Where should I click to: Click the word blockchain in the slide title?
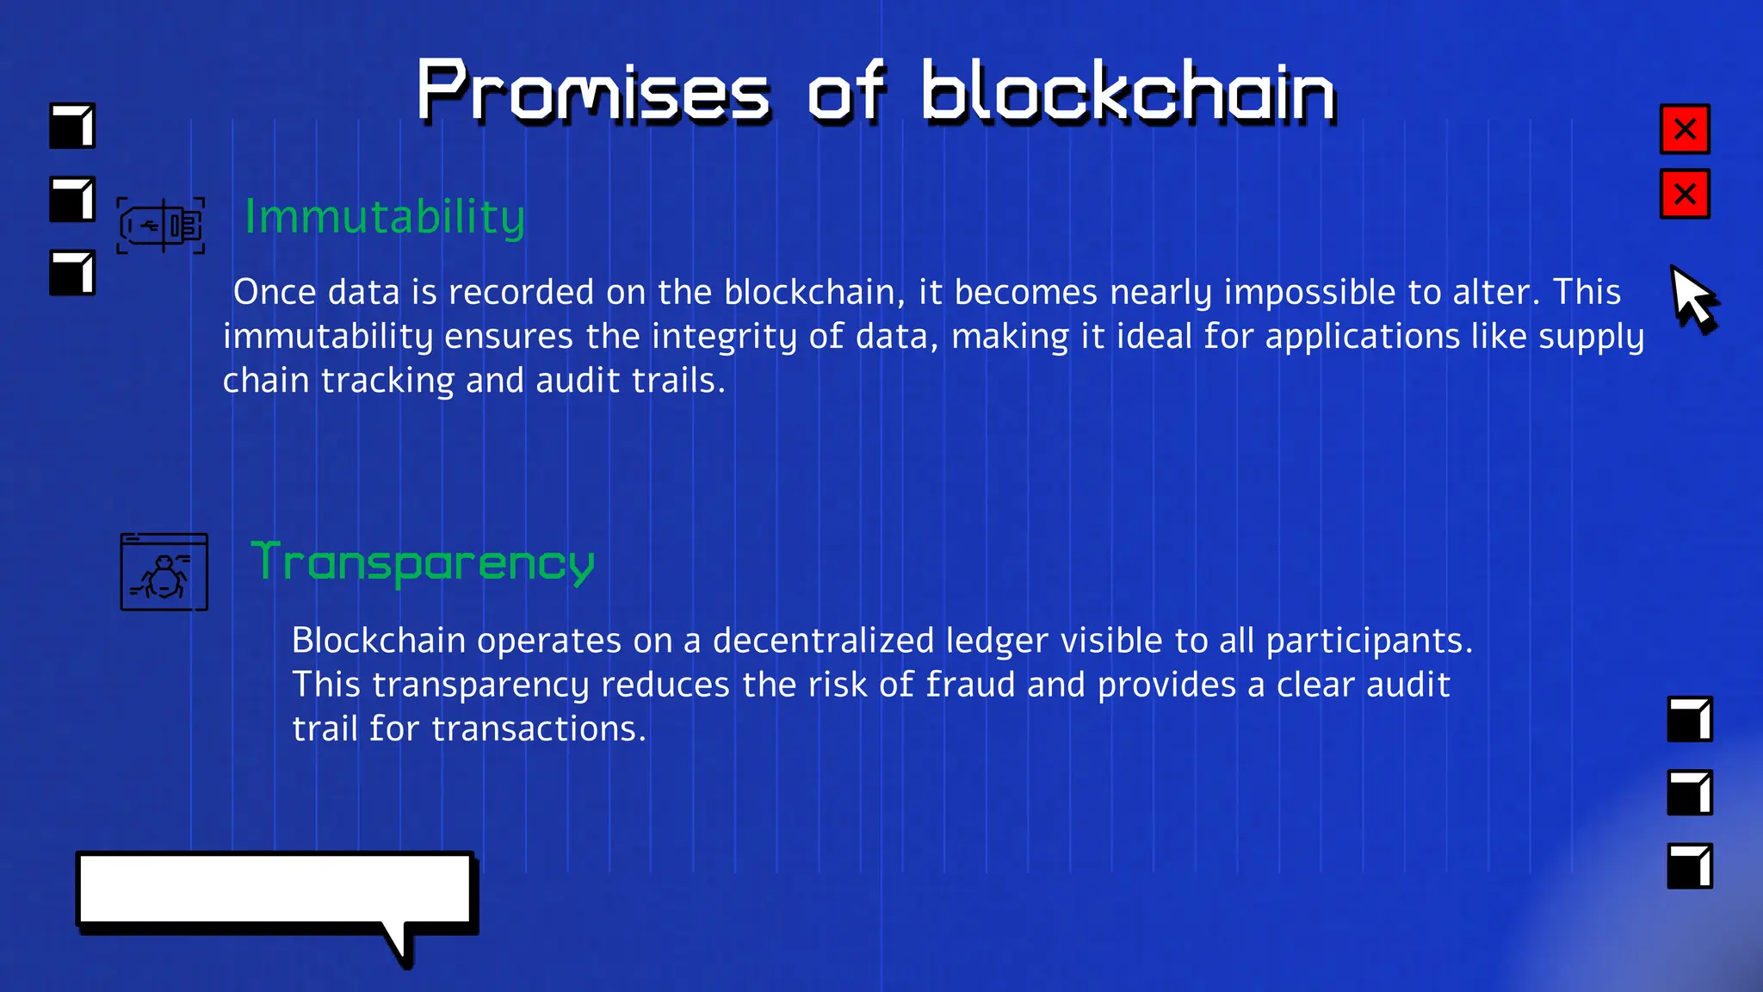[x=1128, y=92]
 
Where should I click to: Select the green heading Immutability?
[x=385, y=217]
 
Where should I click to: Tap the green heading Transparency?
[x=423, y=563]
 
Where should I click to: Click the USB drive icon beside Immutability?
[x=161, y=226]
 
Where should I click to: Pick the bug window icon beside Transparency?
[x=164, y=572]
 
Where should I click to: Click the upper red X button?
[x=1685, y=129]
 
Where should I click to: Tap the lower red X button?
[x=1685, y=195]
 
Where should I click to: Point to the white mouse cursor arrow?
[x=1691, y=297]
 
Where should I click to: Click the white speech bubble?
[x=275, y=890]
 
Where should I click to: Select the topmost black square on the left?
[x=72, y=126]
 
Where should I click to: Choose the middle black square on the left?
[x=72, y=200]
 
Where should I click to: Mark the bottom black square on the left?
[x=72, y=273]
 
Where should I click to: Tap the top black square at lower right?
[x=1690, y=719]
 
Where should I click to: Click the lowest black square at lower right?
[x=1690, y=865]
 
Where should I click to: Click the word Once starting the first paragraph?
[x=275, y=293]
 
